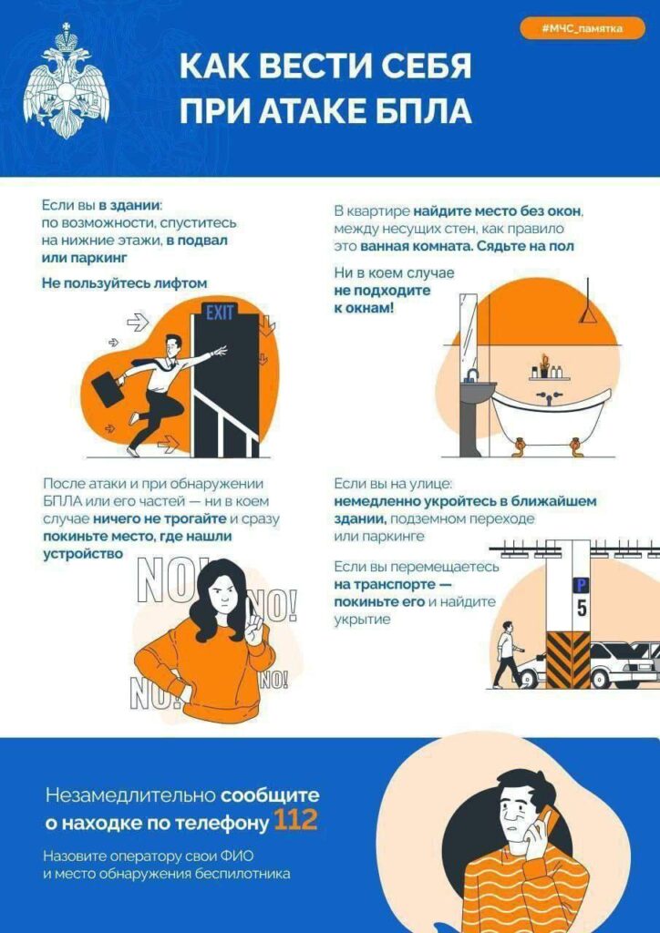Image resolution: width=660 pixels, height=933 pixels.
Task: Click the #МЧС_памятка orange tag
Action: pos(582,29)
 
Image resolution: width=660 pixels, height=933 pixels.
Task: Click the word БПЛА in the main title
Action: pos(419,110)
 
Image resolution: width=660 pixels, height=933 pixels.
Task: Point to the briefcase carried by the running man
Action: pos(108,388)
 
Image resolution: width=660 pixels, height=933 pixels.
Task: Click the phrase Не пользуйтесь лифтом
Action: pos(125,283)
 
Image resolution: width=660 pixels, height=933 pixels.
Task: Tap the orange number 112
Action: pos(295,821)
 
